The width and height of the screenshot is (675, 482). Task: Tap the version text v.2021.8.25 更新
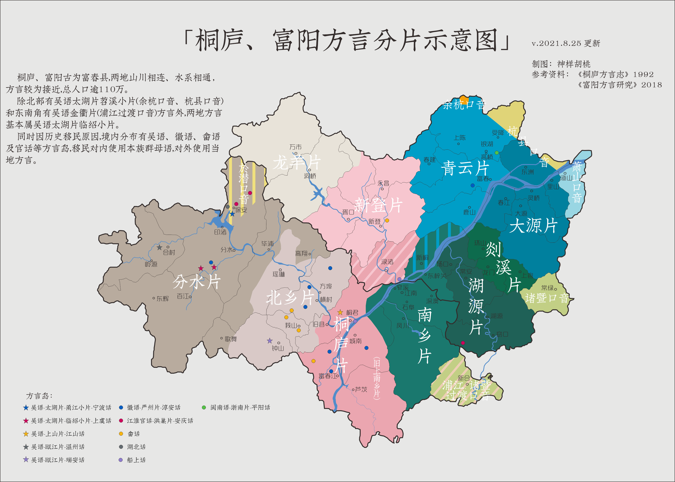click(566, 43)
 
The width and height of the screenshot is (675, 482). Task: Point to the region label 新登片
click(378, 205)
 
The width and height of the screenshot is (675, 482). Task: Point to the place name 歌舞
click(231, 339)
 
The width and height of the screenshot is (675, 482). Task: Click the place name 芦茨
click(361, 389)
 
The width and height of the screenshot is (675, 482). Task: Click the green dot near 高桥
click(496, 153)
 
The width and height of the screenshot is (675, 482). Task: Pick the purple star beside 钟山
click(270, 341)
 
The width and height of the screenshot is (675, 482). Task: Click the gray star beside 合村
click(159, 247)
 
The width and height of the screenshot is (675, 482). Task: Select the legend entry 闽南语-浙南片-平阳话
click(240, 407)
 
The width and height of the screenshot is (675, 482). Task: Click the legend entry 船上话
click(136, 460)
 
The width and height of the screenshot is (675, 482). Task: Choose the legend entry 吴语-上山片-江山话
click(58, 434)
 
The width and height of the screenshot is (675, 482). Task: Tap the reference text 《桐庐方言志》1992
click(615, 75)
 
